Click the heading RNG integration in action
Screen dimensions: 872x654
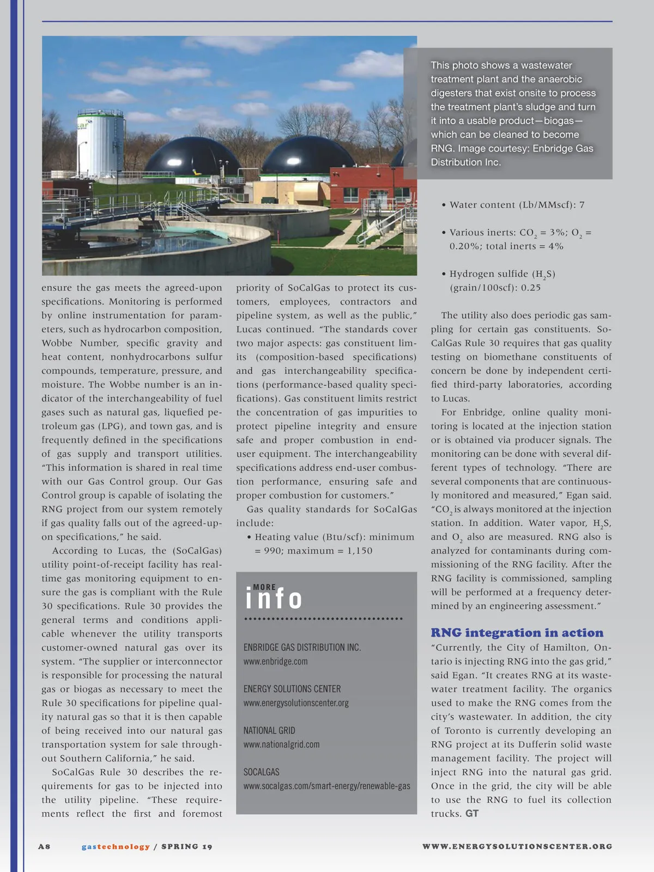click(517, 633)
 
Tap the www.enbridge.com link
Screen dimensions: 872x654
click(275, 662)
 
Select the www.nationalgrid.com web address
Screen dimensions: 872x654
click(281, 744)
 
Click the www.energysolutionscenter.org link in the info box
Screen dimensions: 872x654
click(296, 703)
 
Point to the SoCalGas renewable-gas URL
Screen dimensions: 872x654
click(326, 786)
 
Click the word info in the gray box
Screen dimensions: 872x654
click(274, 599)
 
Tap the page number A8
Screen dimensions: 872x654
click(44, 846)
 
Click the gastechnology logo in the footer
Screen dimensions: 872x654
click(116, 846)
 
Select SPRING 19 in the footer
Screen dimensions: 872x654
click(187, 846)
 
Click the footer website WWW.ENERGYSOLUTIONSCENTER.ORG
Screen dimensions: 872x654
click(517, 846)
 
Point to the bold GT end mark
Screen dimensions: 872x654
click(472, 814)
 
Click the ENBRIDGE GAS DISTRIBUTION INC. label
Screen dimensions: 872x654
click(302, 647)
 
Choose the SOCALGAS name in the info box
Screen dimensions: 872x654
click(261, 772)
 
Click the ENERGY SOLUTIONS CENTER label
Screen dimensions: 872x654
click(292, 689)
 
